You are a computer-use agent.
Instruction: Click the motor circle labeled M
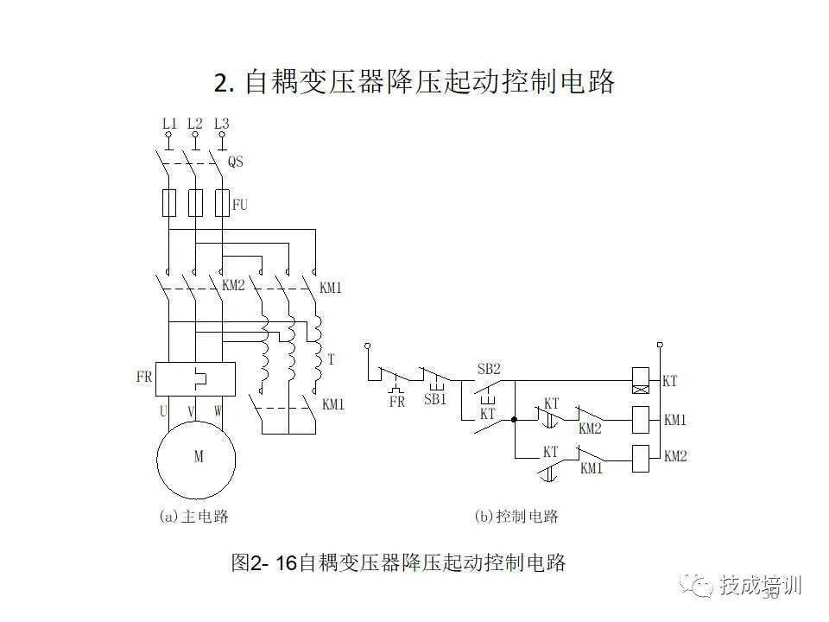pyautogui.click(x=197, y=458)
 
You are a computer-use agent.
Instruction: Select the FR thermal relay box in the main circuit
pyautogui.click(x=196, y=377)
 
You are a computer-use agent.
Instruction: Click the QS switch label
pyautogui.click(x=235, y=162)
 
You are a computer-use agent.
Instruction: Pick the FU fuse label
pyautogui.click(x=240, y=205)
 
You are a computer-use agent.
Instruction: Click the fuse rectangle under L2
pyautogui.click(x=196, y=203)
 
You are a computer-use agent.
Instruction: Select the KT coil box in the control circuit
pyautogui.click(x=642, y=379)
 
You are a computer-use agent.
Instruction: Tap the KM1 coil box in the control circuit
pyautogui.click(x=642, y=420)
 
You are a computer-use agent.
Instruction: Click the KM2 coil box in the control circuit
pyautogui.click(x=642, y=457)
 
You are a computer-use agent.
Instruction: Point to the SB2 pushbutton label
pyautogui.click(x=489, y=369)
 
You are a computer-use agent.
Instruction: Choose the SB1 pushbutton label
pyautogui.click(x=435, y=400)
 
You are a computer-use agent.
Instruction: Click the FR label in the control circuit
pyautogui.click(x=397, y=402)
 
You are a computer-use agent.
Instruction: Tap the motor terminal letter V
pyautogui.click(x=192, y=411)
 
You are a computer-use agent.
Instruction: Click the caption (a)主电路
pyautogui.click(x=194, y=517)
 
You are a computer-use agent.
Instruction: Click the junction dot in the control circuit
pyautogui.click(x=514, y=420)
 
